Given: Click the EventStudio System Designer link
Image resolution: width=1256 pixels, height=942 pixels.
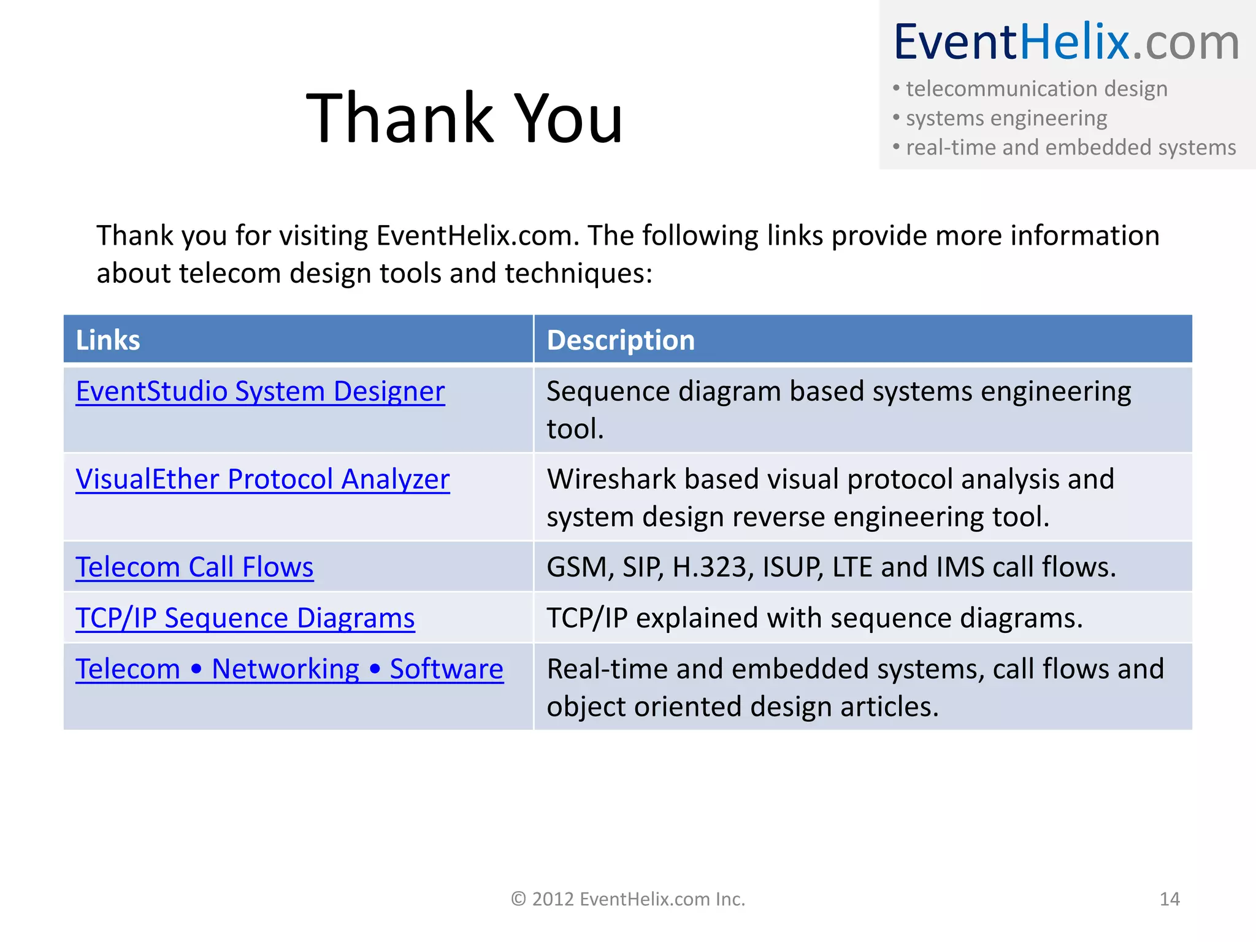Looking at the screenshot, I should tap(260, 391).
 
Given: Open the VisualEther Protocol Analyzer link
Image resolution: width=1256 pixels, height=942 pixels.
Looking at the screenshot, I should tap(262, 479).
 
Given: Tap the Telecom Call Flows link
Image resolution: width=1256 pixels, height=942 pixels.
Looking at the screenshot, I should tap(194, 567).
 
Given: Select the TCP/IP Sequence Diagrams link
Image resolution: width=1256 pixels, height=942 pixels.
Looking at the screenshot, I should tap(245, 618).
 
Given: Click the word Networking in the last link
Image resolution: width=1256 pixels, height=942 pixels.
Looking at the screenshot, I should tap(285, 668).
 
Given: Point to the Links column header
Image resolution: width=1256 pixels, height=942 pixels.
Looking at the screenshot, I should tap(108, 340).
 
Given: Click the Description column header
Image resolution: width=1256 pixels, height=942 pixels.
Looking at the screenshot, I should tap(621, 340).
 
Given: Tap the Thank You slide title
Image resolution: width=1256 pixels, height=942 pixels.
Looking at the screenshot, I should tap(464, 118).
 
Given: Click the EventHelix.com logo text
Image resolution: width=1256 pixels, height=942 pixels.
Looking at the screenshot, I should tap(1066, 42).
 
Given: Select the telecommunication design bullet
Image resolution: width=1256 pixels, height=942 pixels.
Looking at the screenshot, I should tap(1036, 89).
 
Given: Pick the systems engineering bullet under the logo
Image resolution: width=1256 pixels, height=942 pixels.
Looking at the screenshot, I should tap(1006, 118).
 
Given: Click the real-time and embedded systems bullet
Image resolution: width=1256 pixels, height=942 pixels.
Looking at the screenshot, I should tap(1071, 147).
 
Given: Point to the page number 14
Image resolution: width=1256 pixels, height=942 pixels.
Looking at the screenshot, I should tap(1170, 899).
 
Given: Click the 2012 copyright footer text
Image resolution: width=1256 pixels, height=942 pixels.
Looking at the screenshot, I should tap(628, 899).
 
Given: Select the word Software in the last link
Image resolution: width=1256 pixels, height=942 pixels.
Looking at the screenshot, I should tap(446, 668).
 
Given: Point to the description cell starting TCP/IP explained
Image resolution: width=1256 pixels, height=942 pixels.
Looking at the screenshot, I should tap(814, 618).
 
